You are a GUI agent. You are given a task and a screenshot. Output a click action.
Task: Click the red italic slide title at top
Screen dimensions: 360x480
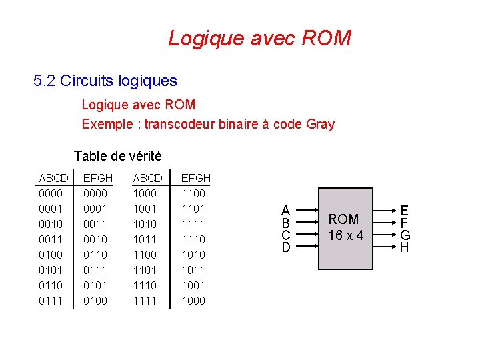259,38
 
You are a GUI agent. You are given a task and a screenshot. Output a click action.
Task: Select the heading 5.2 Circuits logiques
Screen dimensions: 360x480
105,81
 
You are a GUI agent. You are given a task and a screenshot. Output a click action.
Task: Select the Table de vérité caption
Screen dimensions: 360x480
117,156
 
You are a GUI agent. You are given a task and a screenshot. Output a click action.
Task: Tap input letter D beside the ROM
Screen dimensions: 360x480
285,248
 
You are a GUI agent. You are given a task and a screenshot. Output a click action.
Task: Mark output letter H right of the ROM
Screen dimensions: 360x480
404,248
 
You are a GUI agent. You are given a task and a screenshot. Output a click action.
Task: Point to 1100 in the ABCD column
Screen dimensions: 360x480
145,255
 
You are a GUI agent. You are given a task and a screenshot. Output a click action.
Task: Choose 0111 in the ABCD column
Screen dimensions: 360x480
51,301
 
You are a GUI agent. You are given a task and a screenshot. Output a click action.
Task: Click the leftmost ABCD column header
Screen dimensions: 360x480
53,178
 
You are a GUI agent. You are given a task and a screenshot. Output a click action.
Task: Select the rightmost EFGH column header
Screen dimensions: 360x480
196,178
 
